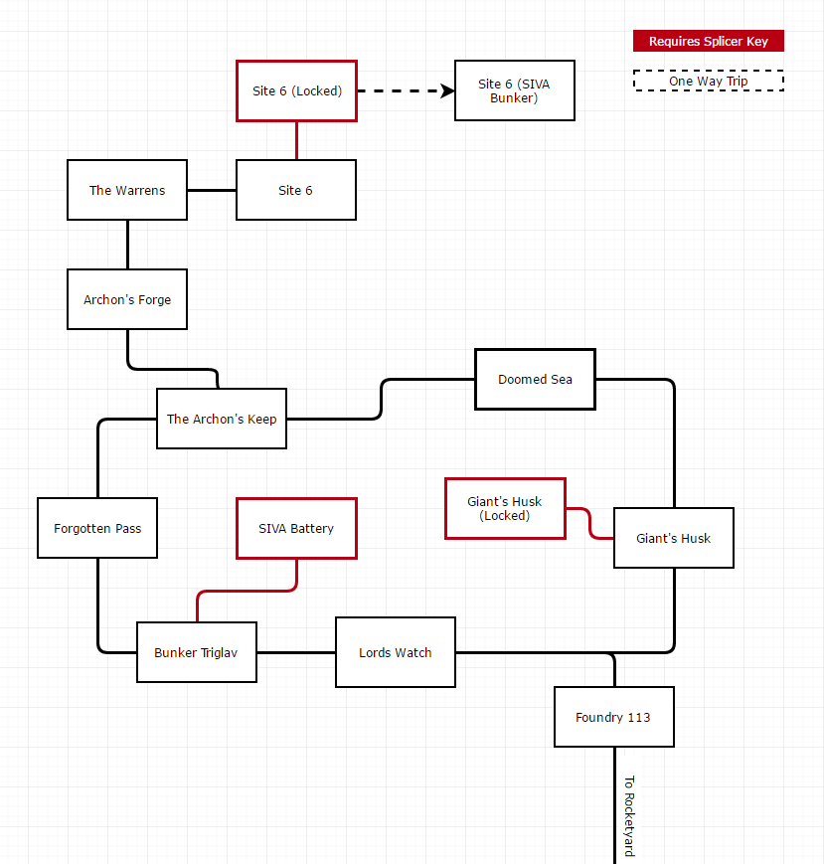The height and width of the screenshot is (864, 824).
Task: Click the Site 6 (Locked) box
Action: click(x=296, y=90)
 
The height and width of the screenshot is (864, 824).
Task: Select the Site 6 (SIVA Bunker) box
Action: click(x=514, y=90)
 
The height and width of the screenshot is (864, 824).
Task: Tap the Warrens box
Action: click(x=127, y=190)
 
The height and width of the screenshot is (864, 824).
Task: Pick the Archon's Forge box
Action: click(x=127, y=299)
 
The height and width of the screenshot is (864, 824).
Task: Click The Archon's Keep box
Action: click(x=222, y=419)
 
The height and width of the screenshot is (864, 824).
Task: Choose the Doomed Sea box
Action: click(x=535, y=379)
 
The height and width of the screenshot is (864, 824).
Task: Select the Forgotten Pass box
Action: click(x=97, y=528)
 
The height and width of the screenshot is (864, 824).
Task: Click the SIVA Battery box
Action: click(x=296, y=528)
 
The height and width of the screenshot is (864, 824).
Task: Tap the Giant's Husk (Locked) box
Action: click(x=505, y=508)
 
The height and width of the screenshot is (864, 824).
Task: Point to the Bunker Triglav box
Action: click(x=196, y=652)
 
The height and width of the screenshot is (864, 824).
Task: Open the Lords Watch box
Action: click(x=395, y=652)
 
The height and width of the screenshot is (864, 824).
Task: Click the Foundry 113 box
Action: click(x=613, y=717)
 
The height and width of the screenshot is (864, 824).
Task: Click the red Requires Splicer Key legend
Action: click(x=709, y=41)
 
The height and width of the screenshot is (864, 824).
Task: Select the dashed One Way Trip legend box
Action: click(x=709, y=81)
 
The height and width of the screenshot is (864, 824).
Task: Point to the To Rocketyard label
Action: click(x=628, y=815)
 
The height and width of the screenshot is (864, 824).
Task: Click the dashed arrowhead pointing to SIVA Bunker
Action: click(x=447, y=90)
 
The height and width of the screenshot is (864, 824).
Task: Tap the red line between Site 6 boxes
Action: click(x=296, y=140)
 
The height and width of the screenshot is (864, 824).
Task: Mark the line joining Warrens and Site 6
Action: click(x=211, y=190)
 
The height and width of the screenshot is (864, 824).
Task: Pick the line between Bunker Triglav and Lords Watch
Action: click(x=295, y=652)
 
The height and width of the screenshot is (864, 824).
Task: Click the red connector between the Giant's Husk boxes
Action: click(x=589, y=522)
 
